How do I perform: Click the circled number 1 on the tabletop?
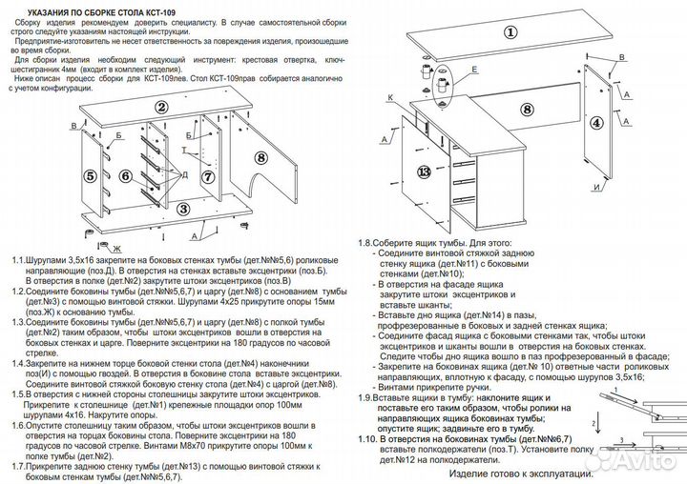click(510, 30)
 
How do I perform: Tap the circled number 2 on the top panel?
click(162, 108)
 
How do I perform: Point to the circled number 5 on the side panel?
click(89, 176)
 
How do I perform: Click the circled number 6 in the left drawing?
click(124, 176)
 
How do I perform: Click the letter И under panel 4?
click(595, 188)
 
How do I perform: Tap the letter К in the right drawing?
click(391, 96)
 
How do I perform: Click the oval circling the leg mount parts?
click(442, 88)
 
